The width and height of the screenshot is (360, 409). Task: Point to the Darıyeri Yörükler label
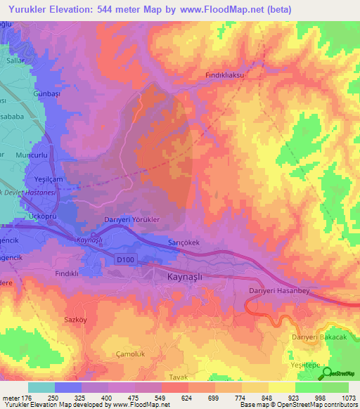[x=132, y=219]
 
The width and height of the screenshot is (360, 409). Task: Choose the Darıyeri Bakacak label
[x=319, y=338]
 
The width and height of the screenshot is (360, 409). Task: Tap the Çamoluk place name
[x=131, y=353]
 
